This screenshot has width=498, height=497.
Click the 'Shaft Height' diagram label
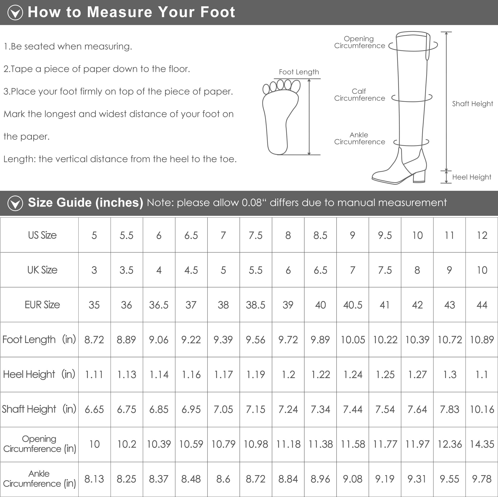[472, 104]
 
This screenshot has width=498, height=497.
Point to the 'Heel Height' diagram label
[472, 177]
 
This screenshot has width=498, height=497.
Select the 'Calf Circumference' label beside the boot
[360, 95]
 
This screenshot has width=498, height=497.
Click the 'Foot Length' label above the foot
[299, 72]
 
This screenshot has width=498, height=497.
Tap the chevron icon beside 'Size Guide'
[15, 203]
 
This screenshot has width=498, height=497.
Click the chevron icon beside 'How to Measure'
[15, 12]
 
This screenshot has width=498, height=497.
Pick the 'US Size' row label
[42, 235]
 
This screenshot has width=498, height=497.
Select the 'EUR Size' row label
[42, 305]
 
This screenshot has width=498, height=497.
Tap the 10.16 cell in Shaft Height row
[482, 410]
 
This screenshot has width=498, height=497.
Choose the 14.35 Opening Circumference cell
[482, 444]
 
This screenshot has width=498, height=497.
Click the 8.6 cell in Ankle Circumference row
[223, 479]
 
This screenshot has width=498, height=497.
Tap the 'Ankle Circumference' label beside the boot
[360, 138]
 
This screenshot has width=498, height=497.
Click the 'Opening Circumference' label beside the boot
[360, 42]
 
